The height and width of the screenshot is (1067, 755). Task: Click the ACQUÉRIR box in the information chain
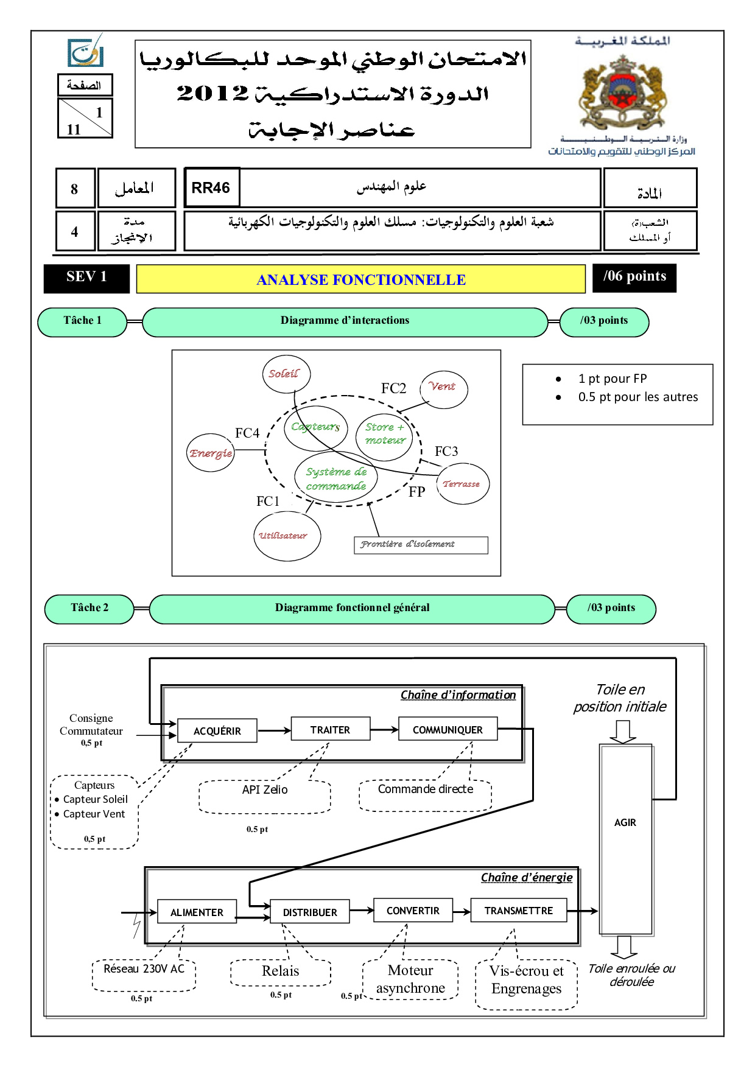(217, 731)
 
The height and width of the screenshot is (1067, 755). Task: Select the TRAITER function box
(331, 729)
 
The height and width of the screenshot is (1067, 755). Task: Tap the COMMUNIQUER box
(448, 729)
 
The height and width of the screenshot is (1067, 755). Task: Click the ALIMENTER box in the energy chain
(197, 912)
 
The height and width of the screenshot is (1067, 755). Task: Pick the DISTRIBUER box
(310, 912)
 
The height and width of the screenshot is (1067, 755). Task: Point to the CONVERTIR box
(413, 911)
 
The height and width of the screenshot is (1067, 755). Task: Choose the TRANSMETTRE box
(519, 911)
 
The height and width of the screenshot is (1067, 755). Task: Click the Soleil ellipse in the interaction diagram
(286, 374)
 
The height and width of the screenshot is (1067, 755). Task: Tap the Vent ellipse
(443, 389)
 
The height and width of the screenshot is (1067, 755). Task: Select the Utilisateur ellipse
(287, 536)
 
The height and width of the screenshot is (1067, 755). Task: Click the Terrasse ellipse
(463, 484)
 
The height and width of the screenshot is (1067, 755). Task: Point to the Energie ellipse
(211, 453)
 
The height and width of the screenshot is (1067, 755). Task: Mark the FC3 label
(446, 452)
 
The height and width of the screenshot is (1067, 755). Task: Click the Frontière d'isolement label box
(421, 545)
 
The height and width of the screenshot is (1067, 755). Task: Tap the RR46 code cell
(211, 188)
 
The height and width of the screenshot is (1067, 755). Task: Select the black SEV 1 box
(86, 278)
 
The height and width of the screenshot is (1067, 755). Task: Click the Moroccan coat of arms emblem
(622, 91)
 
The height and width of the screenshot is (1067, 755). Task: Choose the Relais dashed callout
(281, 972)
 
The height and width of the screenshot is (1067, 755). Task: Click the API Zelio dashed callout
(265, 796)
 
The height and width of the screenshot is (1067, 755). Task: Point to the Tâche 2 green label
(89, 608)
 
